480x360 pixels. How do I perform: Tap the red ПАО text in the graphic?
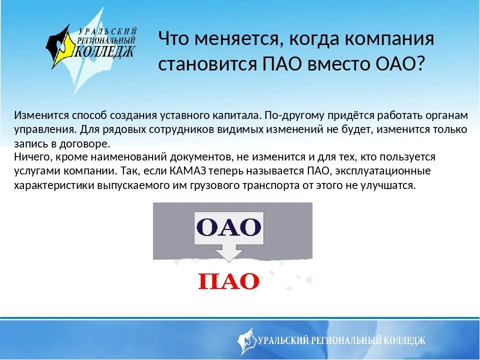[228, 281]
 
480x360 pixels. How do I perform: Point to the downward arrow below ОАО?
[228, 253]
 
